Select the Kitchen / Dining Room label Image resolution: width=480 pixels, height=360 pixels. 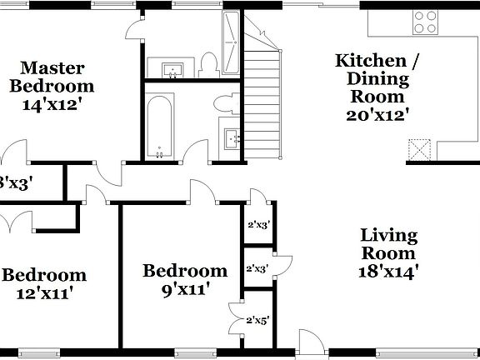[372, 80]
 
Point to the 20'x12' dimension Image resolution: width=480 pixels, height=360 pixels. [377, 115]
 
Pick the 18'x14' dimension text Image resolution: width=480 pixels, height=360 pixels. [389, 271]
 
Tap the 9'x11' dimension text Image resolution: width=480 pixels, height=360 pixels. [185, 289]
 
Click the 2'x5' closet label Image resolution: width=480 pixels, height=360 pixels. [257, 320]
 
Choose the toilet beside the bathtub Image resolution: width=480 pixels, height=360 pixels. [222, 102]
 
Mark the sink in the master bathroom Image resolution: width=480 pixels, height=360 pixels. [172, 68]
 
